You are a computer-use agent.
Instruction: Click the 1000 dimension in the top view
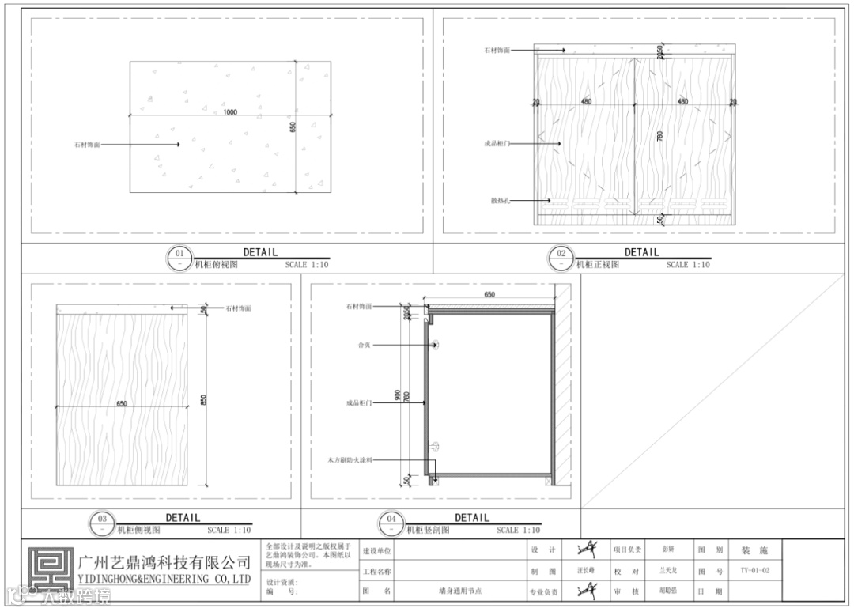pyautogui.click(x=229, y=112)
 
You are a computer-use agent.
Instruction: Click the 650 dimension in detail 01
pyautogui.click(x=293, y=127)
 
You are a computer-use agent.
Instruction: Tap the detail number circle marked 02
pyautogui.click(x=561, y=259)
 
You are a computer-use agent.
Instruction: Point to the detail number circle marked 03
pyautogui.click(x=103, y=524)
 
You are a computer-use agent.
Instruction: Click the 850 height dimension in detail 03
pyautogui.click(x=204, y=400)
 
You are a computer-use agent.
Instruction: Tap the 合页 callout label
pyautogui.click(x=365, y=345)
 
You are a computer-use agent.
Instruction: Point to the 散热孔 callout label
pyautogui.click(x=500, y=201)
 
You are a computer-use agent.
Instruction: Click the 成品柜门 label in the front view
pyautogui.click(x=497, y=144)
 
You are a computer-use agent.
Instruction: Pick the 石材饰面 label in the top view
pyautogui.click(x=87, y=145)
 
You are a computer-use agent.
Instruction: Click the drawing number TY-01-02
pyautogui.click(x=755, y=570)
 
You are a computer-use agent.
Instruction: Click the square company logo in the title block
pyautogui.click(x=49, y=571)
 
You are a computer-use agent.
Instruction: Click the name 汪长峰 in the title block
pyautogui.click(x=587, y=570)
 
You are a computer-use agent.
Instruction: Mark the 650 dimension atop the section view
pyautogui.click(x=489, y=295)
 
